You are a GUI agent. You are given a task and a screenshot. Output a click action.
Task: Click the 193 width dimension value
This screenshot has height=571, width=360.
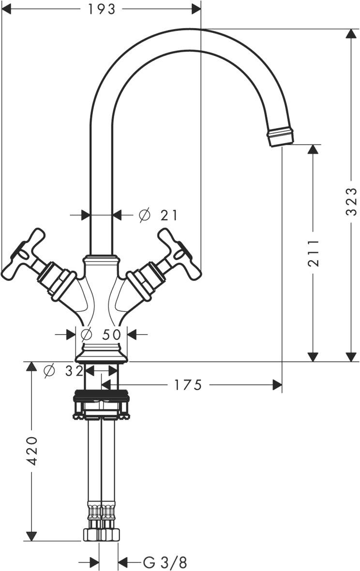101,9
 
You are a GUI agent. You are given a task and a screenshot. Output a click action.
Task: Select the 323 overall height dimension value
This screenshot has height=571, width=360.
351,202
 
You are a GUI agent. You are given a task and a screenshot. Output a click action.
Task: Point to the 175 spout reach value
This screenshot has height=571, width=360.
188,385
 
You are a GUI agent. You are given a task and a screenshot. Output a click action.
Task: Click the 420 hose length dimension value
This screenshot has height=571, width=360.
32,451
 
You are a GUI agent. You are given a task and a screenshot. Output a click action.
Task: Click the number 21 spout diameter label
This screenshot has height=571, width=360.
169,216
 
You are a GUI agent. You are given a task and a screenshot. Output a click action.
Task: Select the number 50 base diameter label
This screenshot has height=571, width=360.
111,334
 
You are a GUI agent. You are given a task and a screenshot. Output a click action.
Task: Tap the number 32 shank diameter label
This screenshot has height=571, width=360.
75,371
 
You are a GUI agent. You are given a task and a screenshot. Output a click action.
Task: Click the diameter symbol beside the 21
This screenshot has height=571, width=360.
145,215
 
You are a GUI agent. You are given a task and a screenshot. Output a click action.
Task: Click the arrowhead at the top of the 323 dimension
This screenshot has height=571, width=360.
351,33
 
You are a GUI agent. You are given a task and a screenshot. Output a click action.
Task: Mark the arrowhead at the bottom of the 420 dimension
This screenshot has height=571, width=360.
32,536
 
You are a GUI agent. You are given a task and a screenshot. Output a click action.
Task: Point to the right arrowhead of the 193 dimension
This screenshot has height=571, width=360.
196,9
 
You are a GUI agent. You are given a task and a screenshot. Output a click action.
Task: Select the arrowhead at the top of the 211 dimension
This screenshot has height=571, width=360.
313,149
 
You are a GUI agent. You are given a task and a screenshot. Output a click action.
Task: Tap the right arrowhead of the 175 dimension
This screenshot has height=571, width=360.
277,384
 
